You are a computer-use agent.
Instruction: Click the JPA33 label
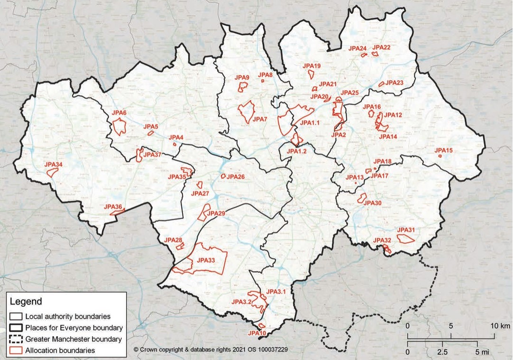tap(206, 260)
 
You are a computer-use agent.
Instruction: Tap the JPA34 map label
tap(53, 165)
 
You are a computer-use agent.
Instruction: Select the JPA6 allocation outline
tap(119, 127)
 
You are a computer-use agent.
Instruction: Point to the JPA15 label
tap(443, 150)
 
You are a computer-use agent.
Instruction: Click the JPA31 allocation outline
tap(406, 238)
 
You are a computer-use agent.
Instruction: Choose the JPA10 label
tap(257, 333)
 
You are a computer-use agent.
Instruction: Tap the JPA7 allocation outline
tap(246, 112)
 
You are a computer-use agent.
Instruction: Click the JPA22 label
tap(381, 47)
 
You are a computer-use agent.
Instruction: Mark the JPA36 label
tap(113, 206)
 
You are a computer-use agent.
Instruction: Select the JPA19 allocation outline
tap(311, 74)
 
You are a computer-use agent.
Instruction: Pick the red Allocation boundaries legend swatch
tap(15, 351)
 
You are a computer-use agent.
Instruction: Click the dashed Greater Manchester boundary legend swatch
tap(15, 339)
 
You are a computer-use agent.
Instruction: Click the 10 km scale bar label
tap(500, 326)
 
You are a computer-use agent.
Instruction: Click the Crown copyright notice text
tap(211, 350)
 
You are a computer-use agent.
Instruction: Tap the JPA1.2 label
tap(297, 151)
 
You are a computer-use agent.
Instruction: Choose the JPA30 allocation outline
tap(363, 198)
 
